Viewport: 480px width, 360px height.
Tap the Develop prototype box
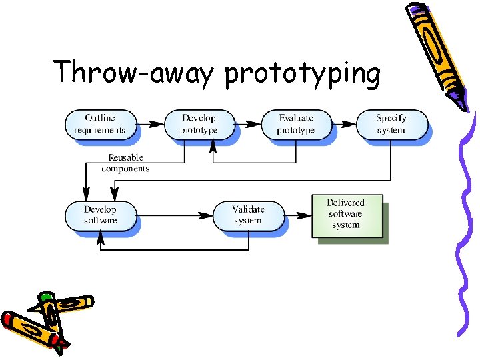pyautogui.click(x=199, y=124)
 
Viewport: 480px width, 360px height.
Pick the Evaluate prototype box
pyautogui.click(x=295, y=124)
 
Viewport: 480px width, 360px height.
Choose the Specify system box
pyautogui.click(x=391, y=124)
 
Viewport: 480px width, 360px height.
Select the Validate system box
pyautogui.click(x=248, y=215)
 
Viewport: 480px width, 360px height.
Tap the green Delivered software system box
pyautogui.click(x=347, y=215)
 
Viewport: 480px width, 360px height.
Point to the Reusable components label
pyautogui.click(x=125, y=163)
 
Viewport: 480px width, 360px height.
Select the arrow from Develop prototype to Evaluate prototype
pyautogui.click(x=247, y=124)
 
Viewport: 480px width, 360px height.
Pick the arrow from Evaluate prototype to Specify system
pyautogui.click(x=343, y=124)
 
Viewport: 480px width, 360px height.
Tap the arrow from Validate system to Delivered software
pyautogui.click(x=299, y=215)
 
